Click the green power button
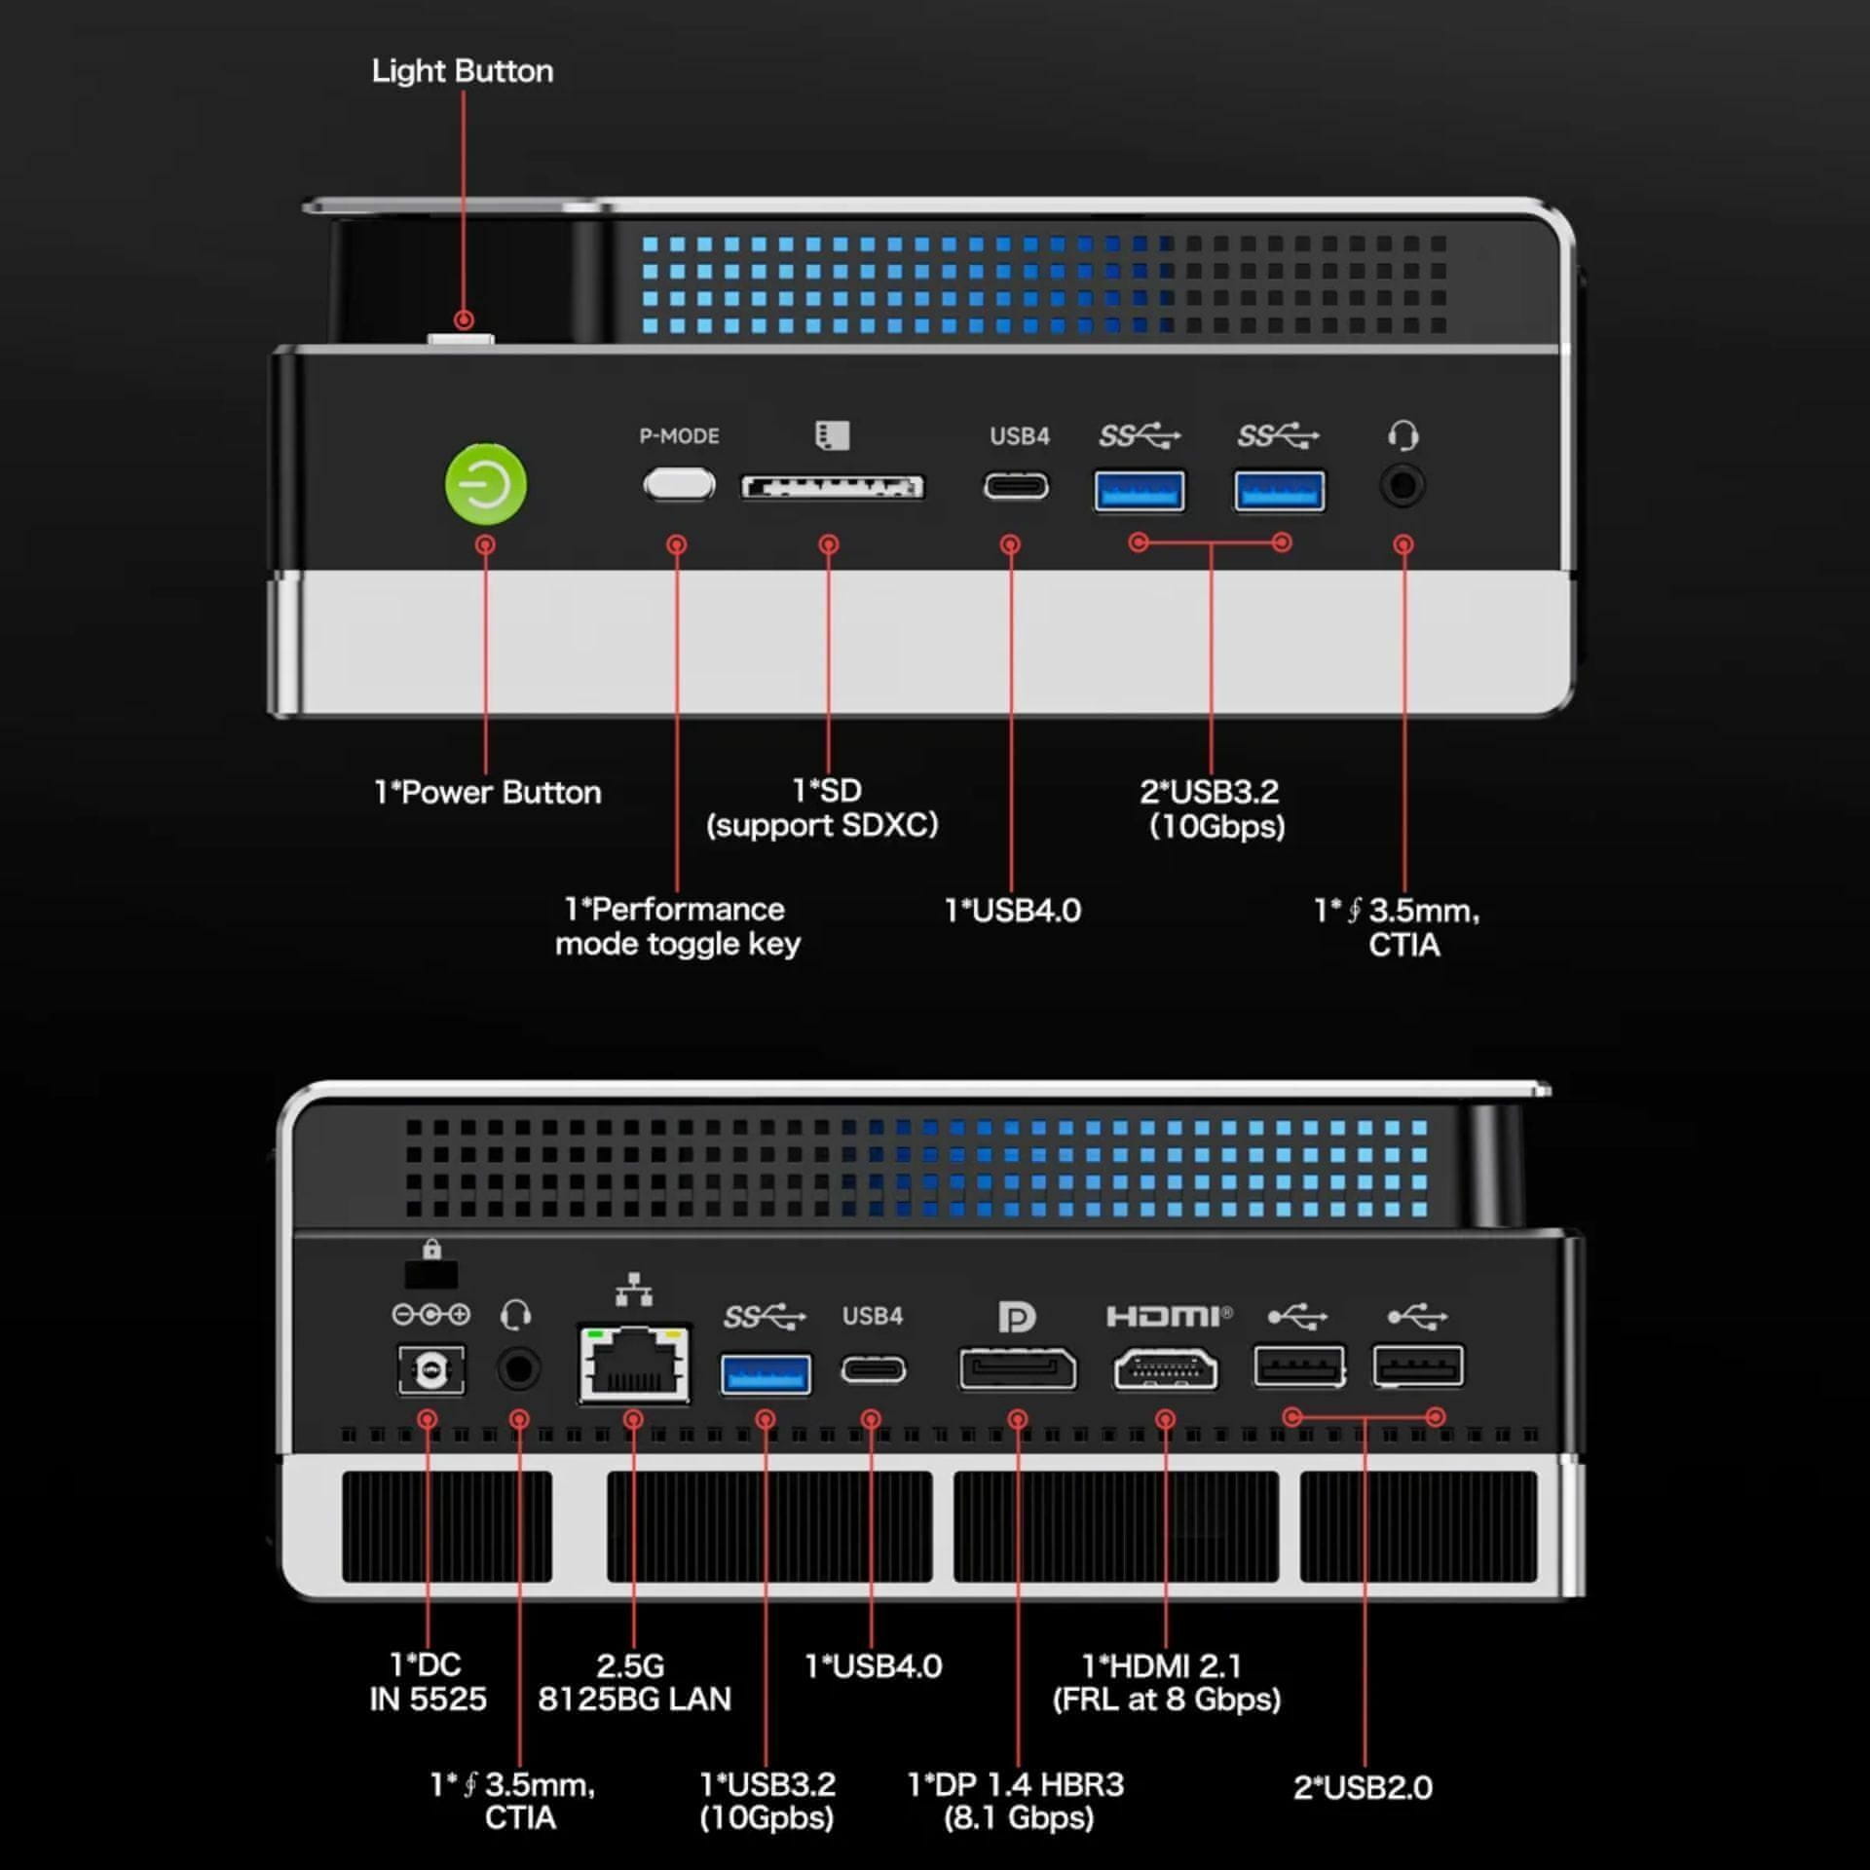[x=485, y=484]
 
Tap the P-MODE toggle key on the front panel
[x=679, y=484]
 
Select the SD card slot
[x=832, y=487]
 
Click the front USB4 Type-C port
[x=1016, y=485]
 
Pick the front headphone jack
[x=1402, y=485]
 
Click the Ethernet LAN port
[x=634, y=1364]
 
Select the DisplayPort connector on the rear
[x=1018, y=1369]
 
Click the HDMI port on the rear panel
[x=1166, y=1369]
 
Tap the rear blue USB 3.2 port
[x=766, y=1374]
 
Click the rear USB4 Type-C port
[x=873, y=1369]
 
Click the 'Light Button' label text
[x=462, y=71]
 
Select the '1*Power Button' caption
[x=487, y=792]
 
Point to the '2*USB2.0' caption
[x=1363, y=1787]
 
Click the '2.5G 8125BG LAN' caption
[x=634, y=1682]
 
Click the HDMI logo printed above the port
[x=1168, y=1317]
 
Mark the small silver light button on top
[x=461, y=340]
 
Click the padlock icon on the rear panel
[x=431, y=1249]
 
